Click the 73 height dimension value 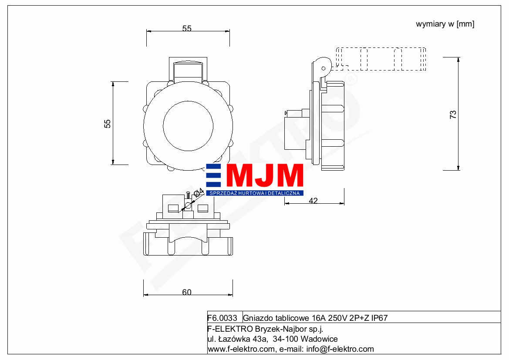[453, 114]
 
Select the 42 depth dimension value [313, 201]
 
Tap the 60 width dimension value [187, 292]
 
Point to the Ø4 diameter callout [199, 192]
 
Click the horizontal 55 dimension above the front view [187, 28]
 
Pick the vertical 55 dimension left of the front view [108, 124]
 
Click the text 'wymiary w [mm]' [445, 24]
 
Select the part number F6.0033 [222, 318]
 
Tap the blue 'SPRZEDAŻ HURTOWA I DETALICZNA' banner [255, 193]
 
